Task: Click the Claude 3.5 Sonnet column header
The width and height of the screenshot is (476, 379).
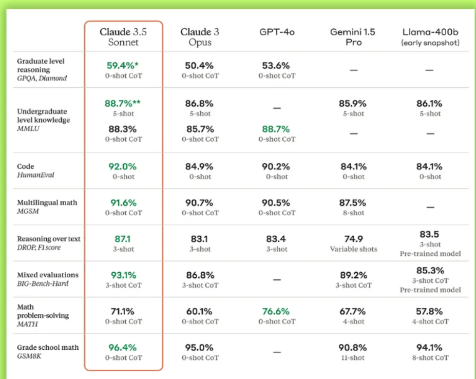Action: point(123,36)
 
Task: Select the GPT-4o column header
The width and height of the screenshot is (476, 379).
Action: point(277,32)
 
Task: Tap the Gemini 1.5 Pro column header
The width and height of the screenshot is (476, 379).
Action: point(353,36)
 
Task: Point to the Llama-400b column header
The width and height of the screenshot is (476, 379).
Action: point(430,36)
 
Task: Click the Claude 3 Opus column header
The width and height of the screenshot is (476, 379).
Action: point(200,36)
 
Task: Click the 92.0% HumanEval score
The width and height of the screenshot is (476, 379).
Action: point(123,166)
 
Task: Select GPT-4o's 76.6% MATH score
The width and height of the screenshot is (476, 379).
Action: point(276,311)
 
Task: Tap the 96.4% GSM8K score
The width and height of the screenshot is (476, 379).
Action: point(123,347)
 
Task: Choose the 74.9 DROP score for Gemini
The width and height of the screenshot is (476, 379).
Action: point(353,239)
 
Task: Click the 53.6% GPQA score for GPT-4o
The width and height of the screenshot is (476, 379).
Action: point(276,66)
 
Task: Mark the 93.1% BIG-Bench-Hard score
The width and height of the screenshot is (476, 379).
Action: point(123,275)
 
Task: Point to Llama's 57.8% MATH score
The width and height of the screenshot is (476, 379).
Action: point(430,311)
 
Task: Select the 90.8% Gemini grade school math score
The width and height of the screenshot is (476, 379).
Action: point(353,347)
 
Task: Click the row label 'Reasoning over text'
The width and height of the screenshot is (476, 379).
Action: point(49,239)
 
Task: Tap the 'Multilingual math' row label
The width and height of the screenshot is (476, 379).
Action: point(47,202)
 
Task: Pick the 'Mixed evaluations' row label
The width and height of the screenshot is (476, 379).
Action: point(48,275)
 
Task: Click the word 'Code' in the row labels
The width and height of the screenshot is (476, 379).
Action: point(26,166)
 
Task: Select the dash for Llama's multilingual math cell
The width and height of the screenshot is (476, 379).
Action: point(430,207)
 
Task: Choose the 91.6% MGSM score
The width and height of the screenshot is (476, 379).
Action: point(123,202)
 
